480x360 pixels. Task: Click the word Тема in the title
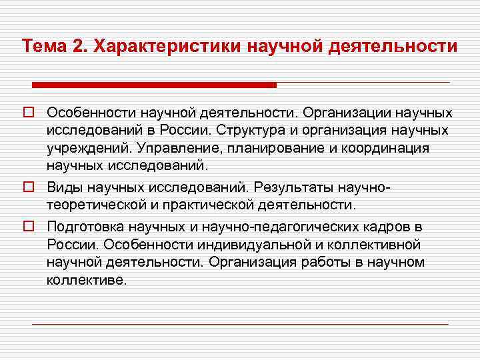43,47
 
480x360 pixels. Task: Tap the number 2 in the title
78,47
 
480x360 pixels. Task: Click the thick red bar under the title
154,85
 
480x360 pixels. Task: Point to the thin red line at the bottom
240,324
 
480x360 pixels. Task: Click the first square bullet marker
28,113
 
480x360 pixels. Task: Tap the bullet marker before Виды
28,188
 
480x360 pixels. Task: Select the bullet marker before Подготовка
28,227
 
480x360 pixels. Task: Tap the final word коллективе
86,279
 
